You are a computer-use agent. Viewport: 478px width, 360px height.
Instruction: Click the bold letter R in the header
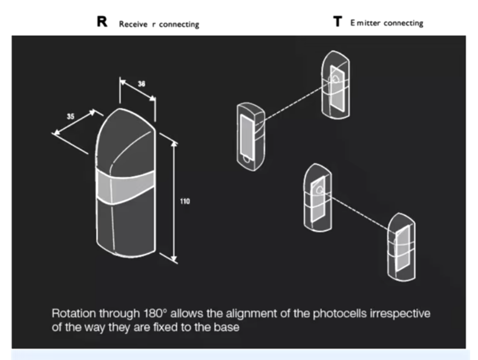click(102, 22)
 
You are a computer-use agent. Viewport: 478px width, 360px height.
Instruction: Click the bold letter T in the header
click(338, 22)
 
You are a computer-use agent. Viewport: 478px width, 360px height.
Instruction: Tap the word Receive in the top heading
click(133, 24)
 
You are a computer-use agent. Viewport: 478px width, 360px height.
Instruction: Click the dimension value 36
click(142, 84)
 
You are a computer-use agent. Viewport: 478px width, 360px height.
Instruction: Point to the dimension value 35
click(70, 116)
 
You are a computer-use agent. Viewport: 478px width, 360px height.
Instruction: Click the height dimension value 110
click(185, 201)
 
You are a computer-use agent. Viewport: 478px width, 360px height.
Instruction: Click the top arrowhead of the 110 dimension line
click(174, 144)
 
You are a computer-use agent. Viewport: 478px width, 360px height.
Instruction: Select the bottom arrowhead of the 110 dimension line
click(174, 259)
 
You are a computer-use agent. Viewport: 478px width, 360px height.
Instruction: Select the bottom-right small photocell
click(401, 247)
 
